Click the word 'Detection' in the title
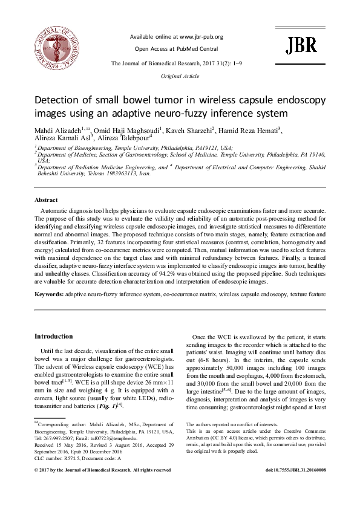(x=59, y=100)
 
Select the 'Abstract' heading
(x=45, y=199)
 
